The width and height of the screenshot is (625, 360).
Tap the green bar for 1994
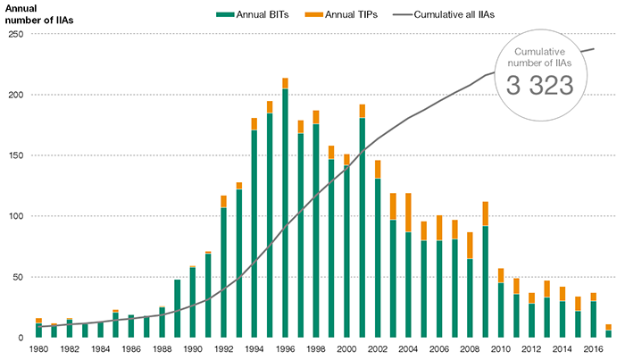pos(254,233)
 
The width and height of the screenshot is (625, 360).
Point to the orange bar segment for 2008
pos(470,246)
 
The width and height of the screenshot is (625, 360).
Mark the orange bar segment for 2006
pos(439,228)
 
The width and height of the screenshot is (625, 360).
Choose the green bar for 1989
pos(177,308)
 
